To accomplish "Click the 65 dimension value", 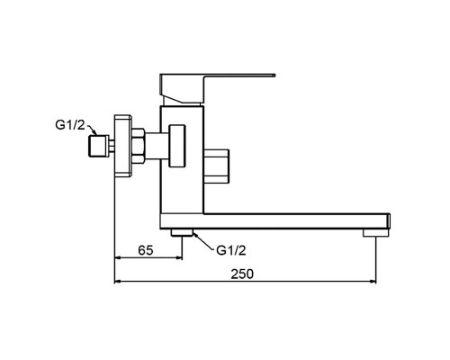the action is [x=146, y=249].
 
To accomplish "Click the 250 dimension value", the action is [x=242, y=274].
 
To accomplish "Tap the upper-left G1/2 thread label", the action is [x=70, y=125].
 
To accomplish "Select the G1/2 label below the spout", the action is [x=231, y=250].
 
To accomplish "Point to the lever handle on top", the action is [x=210, y=87].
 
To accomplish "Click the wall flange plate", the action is [x=122, y=146].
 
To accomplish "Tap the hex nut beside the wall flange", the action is [x=138, y=146].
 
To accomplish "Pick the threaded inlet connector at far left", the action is [x=98, y=146].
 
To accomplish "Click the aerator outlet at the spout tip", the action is [x=375, y=233].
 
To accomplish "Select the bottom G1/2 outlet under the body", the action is [x=182, y=232].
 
